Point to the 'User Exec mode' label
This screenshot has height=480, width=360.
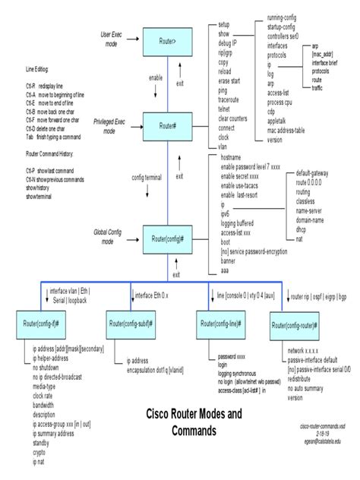[x=111, y=39]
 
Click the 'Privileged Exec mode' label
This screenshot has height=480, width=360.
[x=109, y=125]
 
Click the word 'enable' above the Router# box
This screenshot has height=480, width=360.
[x=156, y=77]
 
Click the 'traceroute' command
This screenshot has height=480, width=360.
[x=233, y=99]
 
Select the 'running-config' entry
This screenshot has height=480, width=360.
[x=286, y=5]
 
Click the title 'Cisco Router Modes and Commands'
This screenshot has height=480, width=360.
[x=194, y=422]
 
